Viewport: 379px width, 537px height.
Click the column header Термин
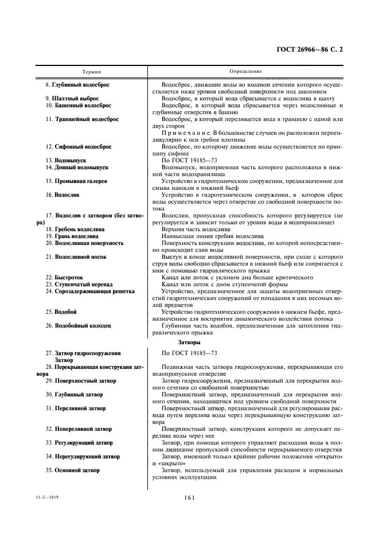[x=91, y=72]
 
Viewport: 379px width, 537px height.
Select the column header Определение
[x=245, y=72]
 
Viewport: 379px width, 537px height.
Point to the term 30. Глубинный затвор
[x=76, y=395]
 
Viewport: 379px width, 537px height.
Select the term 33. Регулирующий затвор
[x=80, y=443]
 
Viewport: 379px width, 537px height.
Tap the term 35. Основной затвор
[x=75, y=470]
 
